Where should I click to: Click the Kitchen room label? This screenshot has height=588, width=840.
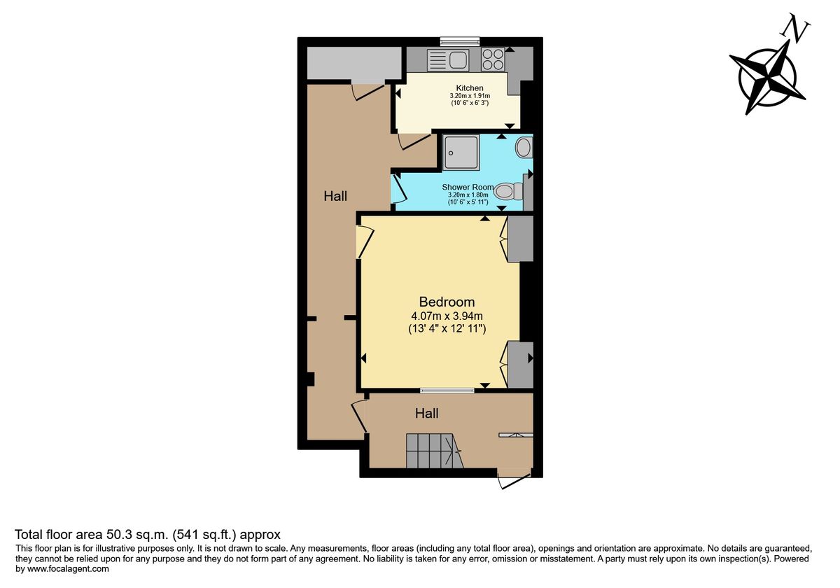pyautogui.click(x=470, y=88)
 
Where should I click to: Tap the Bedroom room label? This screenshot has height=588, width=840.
pyautogui.click(x=447, y=302)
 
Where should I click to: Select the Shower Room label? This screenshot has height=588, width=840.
pyautogui.click(x=468, y=187)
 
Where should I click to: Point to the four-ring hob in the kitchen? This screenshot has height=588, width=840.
pyautogui.click(x=493, y=59)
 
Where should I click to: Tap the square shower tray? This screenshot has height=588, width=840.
pyautogui.click(x=461, y=153)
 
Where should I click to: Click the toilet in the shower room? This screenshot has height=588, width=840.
pyautogui.click(x=508, y=191)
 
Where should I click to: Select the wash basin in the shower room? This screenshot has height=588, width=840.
pyautogui.click(x=524, y=148)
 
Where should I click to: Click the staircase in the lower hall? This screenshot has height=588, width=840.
pyautogui.click(x=435, y=451)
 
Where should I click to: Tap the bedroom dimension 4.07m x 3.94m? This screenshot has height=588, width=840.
pyautogui.click(x=447, y=316)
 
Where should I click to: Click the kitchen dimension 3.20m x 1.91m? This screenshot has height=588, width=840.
pyautogui.click(x=470, y=96)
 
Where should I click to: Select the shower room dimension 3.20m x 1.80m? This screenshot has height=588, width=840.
pyautogui.click(x=468, y=195)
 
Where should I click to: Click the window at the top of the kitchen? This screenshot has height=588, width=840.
pyautogui.click(x=460, y=41)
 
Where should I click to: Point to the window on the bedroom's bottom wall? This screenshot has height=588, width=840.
pyautogui.click(x=447, y=391)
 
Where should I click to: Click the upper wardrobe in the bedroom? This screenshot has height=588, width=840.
pyautogui.click(x=520, y=239)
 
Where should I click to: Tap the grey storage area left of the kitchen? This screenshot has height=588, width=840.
pyautogui.click(x=354, y=63)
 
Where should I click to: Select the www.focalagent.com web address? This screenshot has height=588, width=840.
pyautogui.click(x=68, y=569)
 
